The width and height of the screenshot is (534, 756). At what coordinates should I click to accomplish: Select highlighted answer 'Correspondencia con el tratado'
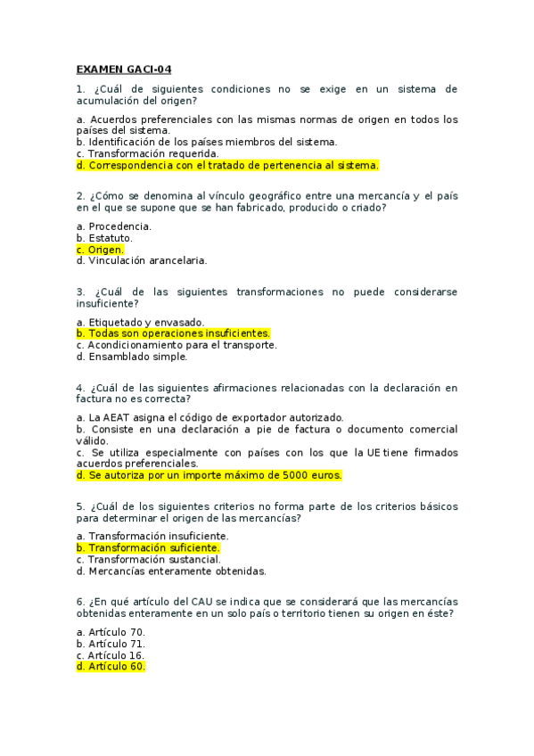pos(227,165)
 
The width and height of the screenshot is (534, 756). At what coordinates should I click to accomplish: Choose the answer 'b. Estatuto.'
pos(105,238)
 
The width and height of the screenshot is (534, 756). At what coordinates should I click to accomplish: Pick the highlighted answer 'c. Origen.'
pos(101,250)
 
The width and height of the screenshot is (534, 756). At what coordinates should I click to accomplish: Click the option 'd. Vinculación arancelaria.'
pos(142,261)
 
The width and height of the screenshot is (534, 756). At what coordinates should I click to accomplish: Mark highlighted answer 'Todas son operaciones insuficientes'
pos(174,333)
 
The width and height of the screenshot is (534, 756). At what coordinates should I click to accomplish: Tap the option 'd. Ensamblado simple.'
pos(132,357)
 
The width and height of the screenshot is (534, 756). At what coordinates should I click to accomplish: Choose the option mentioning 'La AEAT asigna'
pos(209,417)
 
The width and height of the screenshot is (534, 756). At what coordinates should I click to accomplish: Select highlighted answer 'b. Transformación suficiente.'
pos(148,547)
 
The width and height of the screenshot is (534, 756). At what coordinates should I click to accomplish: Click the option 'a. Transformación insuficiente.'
pos(152,536)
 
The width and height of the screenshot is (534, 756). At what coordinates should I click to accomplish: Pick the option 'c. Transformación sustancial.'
pos(148,559)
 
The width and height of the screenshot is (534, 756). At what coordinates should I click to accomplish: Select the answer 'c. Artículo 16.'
pos(111,655)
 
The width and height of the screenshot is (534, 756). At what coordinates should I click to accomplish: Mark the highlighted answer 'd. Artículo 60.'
pos(111,667)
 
